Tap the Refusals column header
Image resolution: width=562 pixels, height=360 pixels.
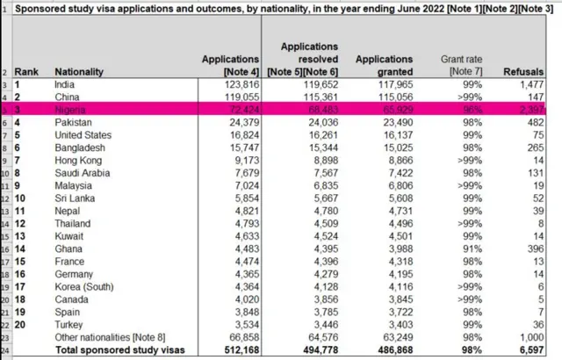pos(529,71)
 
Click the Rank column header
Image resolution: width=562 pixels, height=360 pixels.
pos(28,71)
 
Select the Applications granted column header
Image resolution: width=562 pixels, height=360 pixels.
pos(378,64)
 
